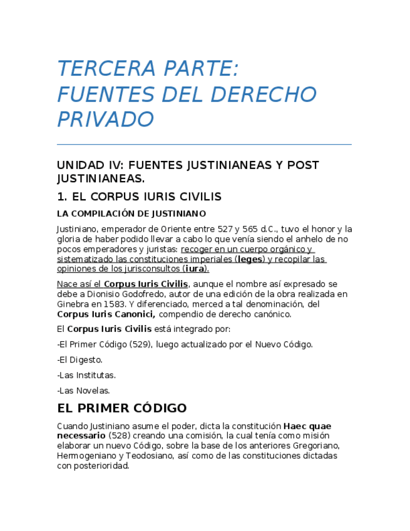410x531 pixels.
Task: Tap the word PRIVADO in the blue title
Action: pos(105,118)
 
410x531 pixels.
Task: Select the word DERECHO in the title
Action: pos(263,94)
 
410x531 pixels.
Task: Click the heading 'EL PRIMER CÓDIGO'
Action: pos(121,408)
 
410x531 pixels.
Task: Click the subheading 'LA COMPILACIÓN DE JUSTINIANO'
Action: pos(131,214)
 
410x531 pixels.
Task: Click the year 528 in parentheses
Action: pos(119,436)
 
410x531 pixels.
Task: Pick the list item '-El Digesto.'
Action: pos(79,360)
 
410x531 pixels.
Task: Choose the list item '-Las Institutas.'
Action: pos(86,375)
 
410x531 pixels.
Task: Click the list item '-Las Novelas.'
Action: pos(83,391)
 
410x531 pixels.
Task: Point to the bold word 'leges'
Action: pos(250,259)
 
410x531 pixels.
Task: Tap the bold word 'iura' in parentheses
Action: pos(195,269)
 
